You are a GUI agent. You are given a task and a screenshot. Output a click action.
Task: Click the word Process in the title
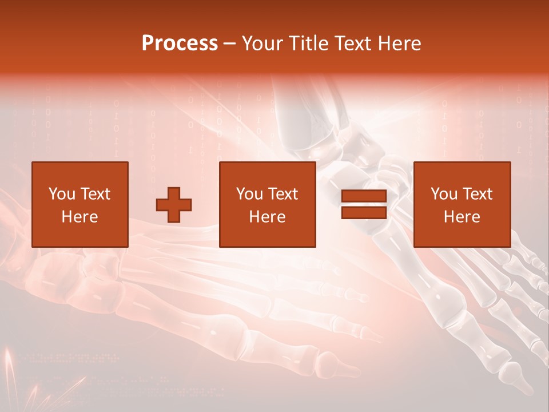click(x=180, y=43)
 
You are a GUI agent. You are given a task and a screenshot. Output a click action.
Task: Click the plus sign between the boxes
click(x=174, y=205)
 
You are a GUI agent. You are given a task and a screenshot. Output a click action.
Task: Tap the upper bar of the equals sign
click(x=364, y=196)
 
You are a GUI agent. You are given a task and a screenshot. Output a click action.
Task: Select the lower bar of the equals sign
click(x=364, y=212)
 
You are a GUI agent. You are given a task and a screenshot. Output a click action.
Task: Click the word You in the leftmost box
click(x=62, y=194)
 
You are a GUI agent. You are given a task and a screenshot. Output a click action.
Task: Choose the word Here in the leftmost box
click(x=79, y=217)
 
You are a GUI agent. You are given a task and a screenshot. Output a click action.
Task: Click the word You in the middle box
click(x=249, y=194)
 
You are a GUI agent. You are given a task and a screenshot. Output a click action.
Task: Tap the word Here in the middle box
click(x=267, y=217)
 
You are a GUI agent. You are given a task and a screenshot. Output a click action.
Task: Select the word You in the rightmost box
click(x=444, y=194)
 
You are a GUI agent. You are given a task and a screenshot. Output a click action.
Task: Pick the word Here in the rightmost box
click(x=462, y=217)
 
